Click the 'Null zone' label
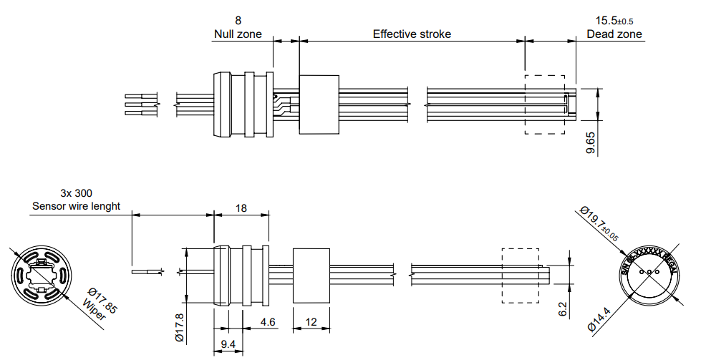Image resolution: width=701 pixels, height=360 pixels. click(x=238, y=34)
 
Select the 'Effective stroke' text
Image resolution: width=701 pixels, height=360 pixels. click(x=412, y=34)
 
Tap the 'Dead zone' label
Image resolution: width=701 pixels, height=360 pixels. click(x=614, y=34)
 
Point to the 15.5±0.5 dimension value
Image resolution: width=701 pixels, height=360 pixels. click(x=614, y=20)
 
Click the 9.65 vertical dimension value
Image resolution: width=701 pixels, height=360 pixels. click(x=591, y=142)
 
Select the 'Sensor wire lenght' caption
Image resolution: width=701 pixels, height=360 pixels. click(x=76, y=206)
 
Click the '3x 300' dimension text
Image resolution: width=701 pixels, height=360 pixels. click(x=76, y=193)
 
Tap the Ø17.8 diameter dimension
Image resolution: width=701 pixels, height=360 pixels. click(x=178, y=326)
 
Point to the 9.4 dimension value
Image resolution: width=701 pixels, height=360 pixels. click(x=228, y=345)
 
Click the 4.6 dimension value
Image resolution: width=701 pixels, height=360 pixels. click(x=268, y=323)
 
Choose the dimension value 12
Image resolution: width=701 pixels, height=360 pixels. click(x=311, y=323)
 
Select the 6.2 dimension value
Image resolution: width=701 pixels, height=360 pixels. click(x=562, y=308)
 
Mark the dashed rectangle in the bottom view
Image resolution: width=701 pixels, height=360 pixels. click(x=520, y=276)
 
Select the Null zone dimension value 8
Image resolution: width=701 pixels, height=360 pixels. click(x=238, y=20)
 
